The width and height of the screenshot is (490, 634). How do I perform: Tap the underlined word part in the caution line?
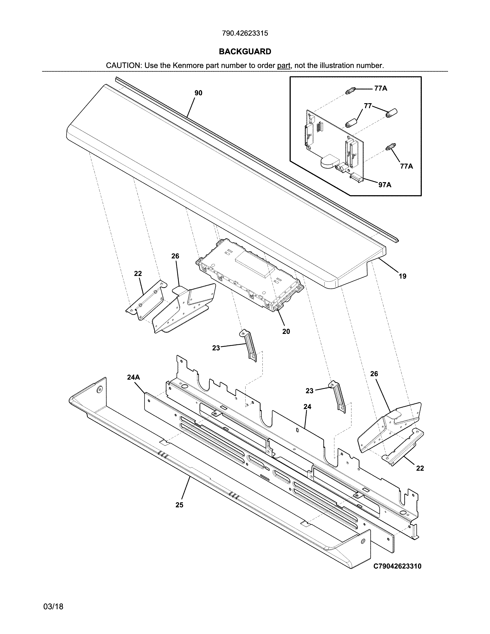coord(284,66)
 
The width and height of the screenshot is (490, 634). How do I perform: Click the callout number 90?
coord(198,93)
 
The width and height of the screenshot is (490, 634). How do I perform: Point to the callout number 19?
coord(402,276)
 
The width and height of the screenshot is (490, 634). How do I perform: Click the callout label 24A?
coord(134,377)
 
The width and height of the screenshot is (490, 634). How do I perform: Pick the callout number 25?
coord(179,505)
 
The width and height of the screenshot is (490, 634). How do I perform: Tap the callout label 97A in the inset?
coord(385,185)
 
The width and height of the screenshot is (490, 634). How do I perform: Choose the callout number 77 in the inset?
coord(368,106)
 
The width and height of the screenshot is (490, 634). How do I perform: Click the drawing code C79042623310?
coord(397,566)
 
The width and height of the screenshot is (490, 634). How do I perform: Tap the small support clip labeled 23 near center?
coord(248,345)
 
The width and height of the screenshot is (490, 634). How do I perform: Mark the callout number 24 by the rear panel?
coord(307,407)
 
